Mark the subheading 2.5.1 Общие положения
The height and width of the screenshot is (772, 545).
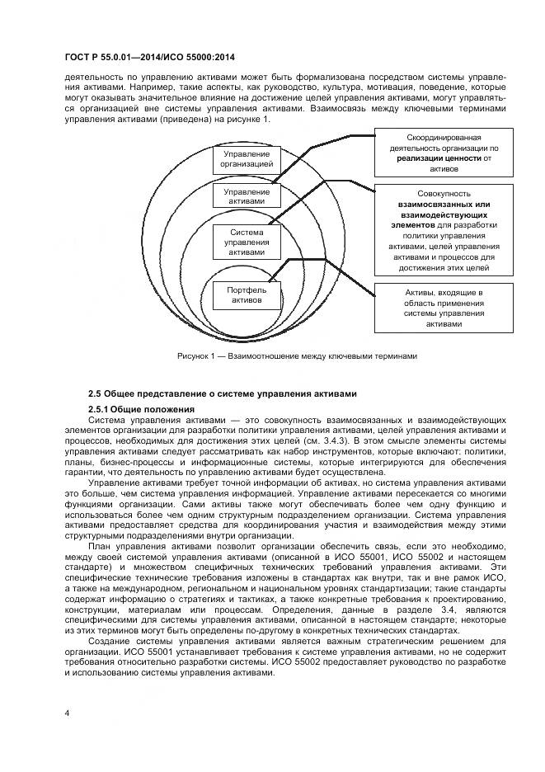click(141, 410)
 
